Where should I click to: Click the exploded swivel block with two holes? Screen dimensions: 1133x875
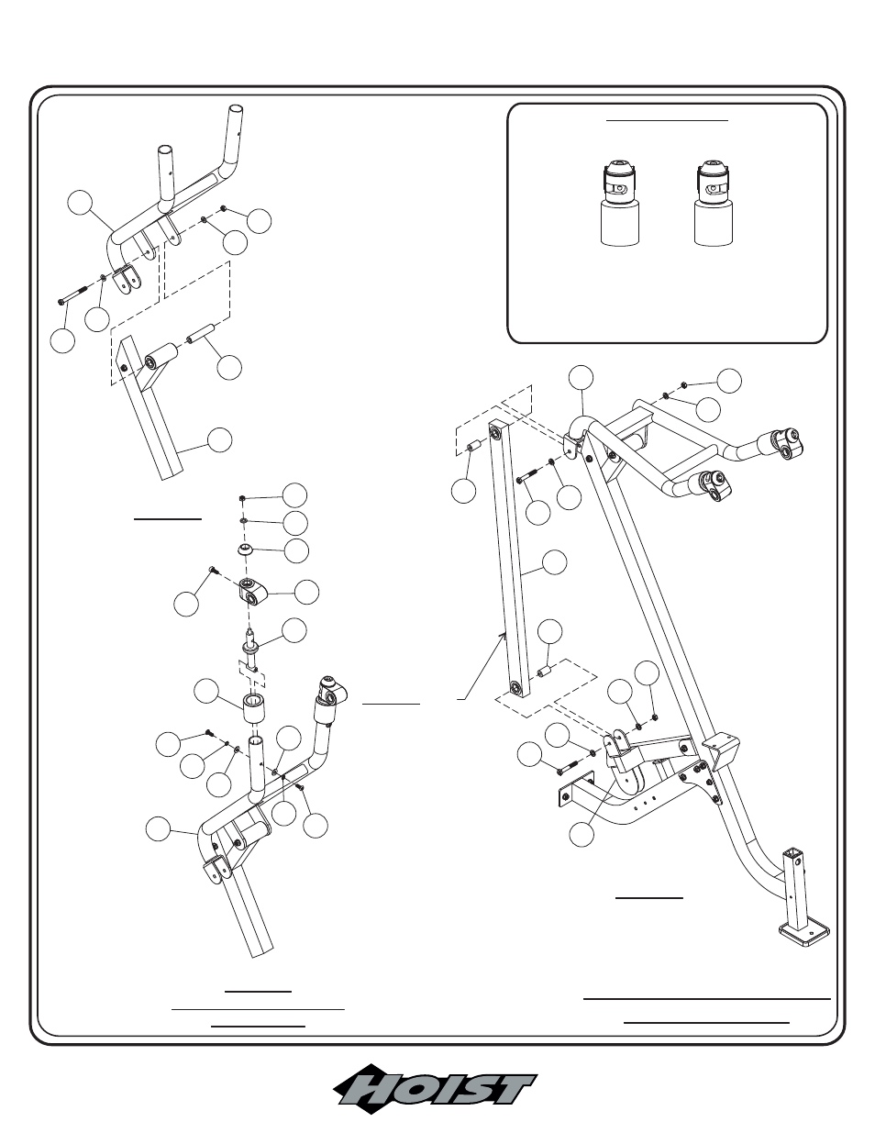[x=250, y=593]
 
